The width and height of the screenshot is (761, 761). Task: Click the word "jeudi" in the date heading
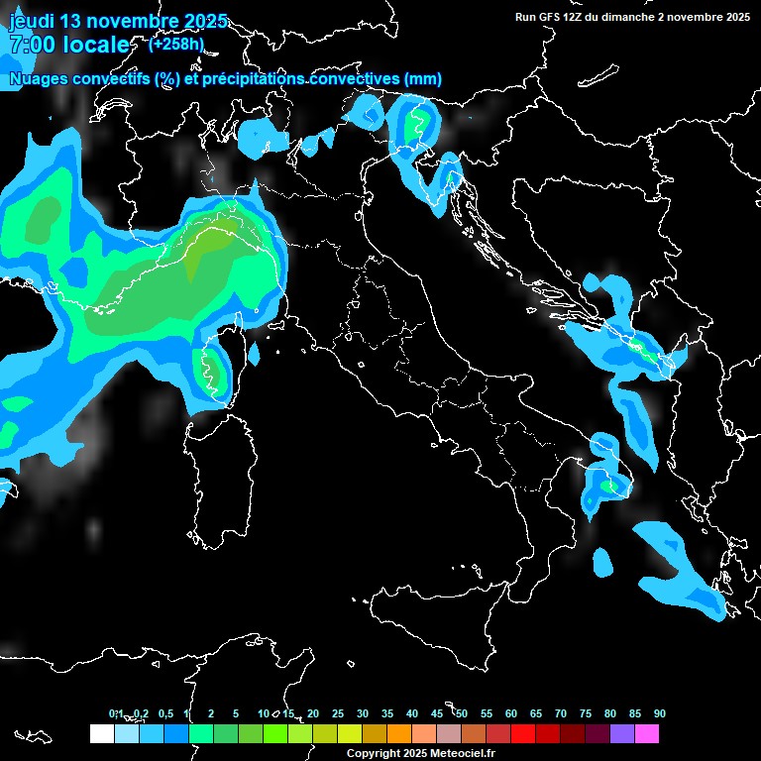point(32,21)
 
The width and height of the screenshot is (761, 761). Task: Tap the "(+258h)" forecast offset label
point(175,44)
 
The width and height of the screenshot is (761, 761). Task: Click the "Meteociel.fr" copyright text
point(463,754)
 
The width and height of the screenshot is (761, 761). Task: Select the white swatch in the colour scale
point(101,733)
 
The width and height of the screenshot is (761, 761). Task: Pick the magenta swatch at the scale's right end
point(647,733)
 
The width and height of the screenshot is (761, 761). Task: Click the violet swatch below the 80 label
point(622,733)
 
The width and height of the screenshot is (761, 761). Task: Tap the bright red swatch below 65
point(523,733)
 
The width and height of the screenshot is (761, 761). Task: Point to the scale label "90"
point(660,713)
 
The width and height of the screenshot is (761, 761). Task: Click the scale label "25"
point(338,713)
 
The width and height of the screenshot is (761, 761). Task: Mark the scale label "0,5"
point(164,713)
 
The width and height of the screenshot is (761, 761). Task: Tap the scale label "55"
point(487,713)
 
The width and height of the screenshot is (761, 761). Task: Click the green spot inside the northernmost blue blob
point(416,125)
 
